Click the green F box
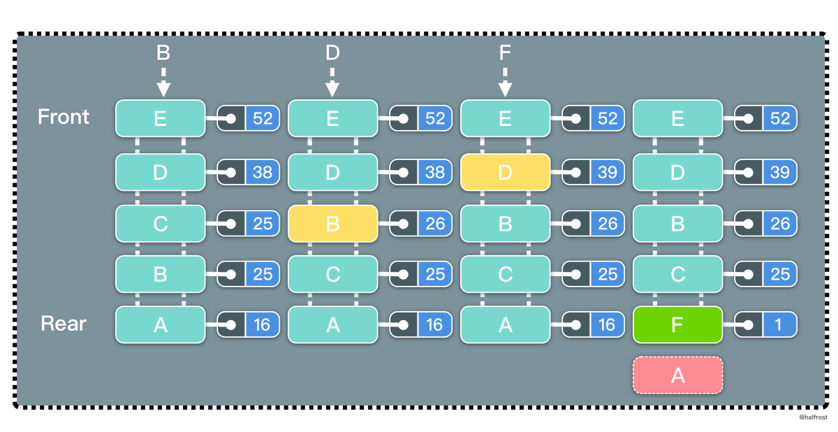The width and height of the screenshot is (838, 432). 677,324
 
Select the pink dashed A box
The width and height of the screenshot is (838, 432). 677,375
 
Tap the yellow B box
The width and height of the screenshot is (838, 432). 332,223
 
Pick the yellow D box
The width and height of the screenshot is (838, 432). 505,172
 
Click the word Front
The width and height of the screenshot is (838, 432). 64,117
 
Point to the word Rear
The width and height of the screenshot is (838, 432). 64,324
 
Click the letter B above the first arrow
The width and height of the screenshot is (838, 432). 163,52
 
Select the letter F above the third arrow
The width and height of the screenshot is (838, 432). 505,52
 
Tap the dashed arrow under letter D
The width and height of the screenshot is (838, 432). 332,82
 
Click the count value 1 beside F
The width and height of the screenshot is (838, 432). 780,325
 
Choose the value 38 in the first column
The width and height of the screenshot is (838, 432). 262,172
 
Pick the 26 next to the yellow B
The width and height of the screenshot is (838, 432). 434,224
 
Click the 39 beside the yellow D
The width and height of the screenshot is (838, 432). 607,172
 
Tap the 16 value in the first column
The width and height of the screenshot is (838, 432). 262,325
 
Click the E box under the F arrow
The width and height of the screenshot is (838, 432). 505,118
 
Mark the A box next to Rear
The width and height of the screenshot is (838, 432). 160,325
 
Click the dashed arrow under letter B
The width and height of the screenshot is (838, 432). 163,82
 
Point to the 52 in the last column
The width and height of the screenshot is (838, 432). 780,118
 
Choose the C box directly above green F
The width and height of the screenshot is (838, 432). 677,274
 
